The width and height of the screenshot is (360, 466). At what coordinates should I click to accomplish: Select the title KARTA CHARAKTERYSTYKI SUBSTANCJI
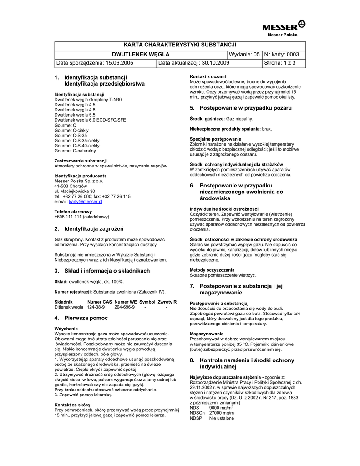180,45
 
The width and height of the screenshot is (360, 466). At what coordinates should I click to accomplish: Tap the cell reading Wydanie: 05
244,54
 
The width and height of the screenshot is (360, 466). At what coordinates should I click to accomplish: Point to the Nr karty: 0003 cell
282,54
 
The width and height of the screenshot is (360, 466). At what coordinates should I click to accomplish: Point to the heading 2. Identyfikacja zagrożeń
89,228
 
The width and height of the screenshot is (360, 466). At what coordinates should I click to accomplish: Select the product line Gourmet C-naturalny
75,151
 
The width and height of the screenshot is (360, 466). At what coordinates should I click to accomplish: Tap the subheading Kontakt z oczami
208,76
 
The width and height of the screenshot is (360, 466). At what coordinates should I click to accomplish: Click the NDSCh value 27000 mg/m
221,413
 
